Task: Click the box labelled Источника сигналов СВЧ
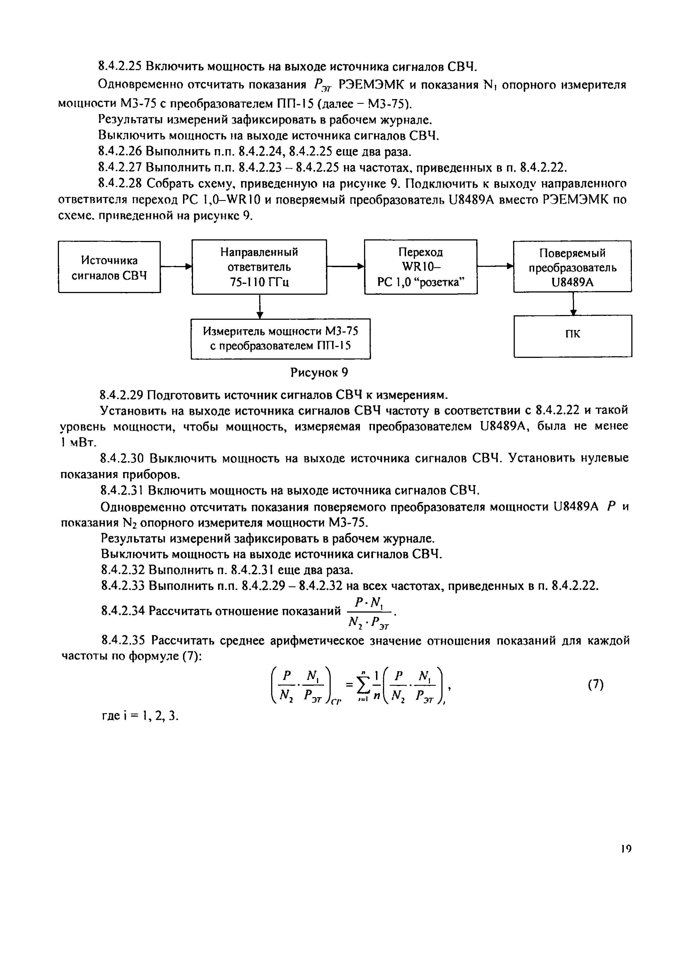click(109, 267)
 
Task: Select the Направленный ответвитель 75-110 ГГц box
click(259, 267)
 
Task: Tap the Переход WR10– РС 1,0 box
click(421, 267)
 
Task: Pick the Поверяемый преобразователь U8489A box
click(572, 267)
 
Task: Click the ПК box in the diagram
click(573, 335)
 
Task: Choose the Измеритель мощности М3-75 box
click(280, 338)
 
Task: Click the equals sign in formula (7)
click(350, 685)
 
